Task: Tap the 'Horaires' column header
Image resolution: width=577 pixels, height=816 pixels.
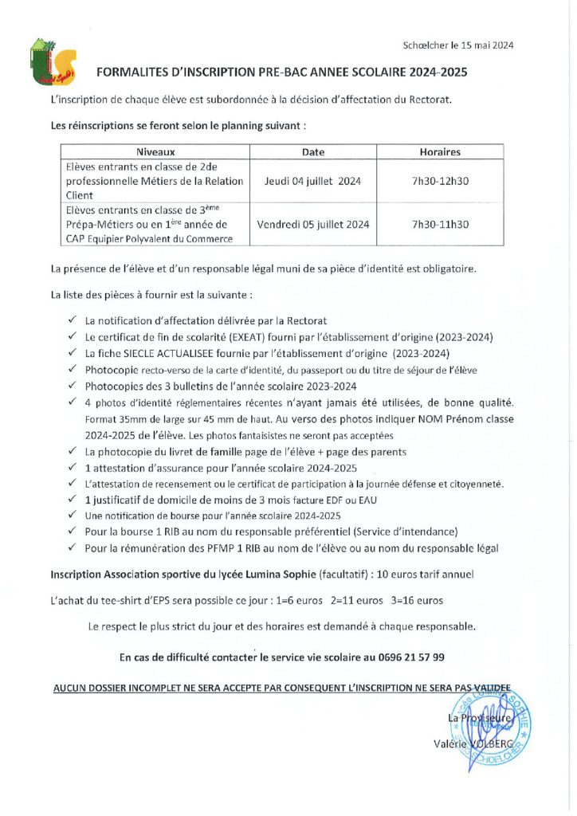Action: click(x=440, y=151)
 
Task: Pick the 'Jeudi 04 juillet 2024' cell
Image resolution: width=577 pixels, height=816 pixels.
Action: click(x=313, y=181)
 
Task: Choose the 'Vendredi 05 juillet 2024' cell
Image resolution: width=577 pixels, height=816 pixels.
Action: click(x=313, y=225)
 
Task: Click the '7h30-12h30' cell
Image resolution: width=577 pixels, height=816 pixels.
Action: click(x=440, y=181)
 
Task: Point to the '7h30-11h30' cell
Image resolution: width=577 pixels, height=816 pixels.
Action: click(x=440, y=225)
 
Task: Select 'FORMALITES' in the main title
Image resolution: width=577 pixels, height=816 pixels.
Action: click(x=135, y=72)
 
